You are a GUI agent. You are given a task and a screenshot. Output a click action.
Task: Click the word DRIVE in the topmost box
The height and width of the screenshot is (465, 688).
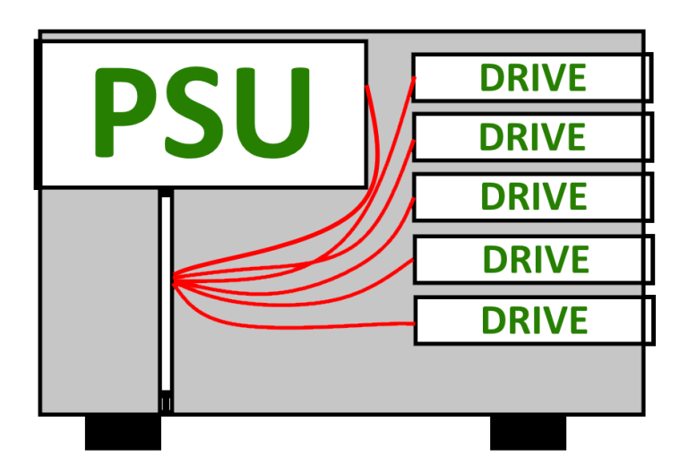pos(532,79)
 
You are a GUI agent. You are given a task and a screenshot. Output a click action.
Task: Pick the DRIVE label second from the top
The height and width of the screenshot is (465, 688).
pos(532,138)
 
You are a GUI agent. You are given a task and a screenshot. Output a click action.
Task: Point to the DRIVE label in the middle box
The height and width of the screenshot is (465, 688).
pos(533,196)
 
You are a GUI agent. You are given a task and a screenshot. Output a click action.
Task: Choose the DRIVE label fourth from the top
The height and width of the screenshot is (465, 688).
pos(536,260)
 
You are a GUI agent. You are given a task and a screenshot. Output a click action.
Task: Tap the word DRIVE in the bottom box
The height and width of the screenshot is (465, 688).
pos(535,321)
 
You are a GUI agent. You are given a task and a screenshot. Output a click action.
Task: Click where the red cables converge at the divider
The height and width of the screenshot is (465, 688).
pos(174,281)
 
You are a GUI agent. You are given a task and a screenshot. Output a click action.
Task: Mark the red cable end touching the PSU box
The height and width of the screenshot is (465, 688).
pos(368,88)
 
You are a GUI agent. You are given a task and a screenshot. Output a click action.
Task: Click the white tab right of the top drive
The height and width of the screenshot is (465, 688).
pos(647,78)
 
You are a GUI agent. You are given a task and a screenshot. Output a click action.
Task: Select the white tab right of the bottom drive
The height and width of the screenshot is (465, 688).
pos(647,321)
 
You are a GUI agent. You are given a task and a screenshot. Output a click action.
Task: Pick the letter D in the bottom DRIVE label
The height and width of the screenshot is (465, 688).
pos(494,321)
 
